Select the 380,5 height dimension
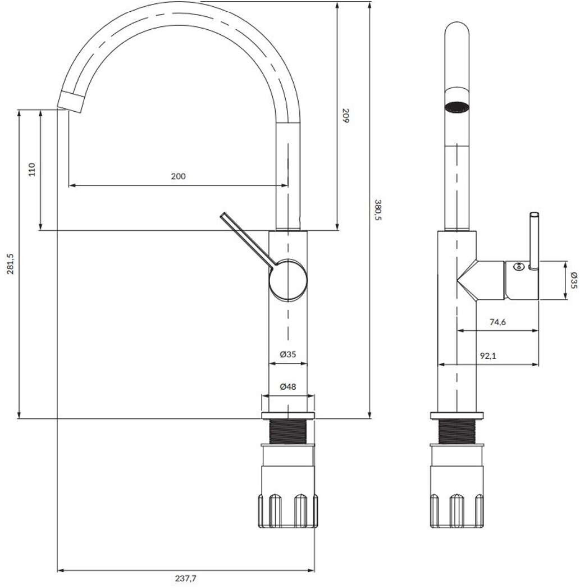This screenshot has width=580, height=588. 377,210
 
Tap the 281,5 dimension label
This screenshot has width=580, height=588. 10,263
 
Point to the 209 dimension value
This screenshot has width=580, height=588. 345,116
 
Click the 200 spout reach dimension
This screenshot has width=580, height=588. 177,176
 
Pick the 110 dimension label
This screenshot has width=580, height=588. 32,170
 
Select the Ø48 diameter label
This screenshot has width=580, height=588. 287,386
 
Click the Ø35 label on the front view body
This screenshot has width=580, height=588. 287,354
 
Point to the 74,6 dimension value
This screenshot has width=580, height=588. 498,322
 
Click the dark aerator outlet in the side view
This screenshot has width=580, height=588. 456,106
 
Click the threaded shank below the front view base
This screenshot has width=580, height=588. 288,431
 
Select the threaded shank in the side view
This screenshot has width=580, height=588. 456,431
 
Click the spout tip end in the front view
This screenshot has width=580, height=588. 71,101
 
